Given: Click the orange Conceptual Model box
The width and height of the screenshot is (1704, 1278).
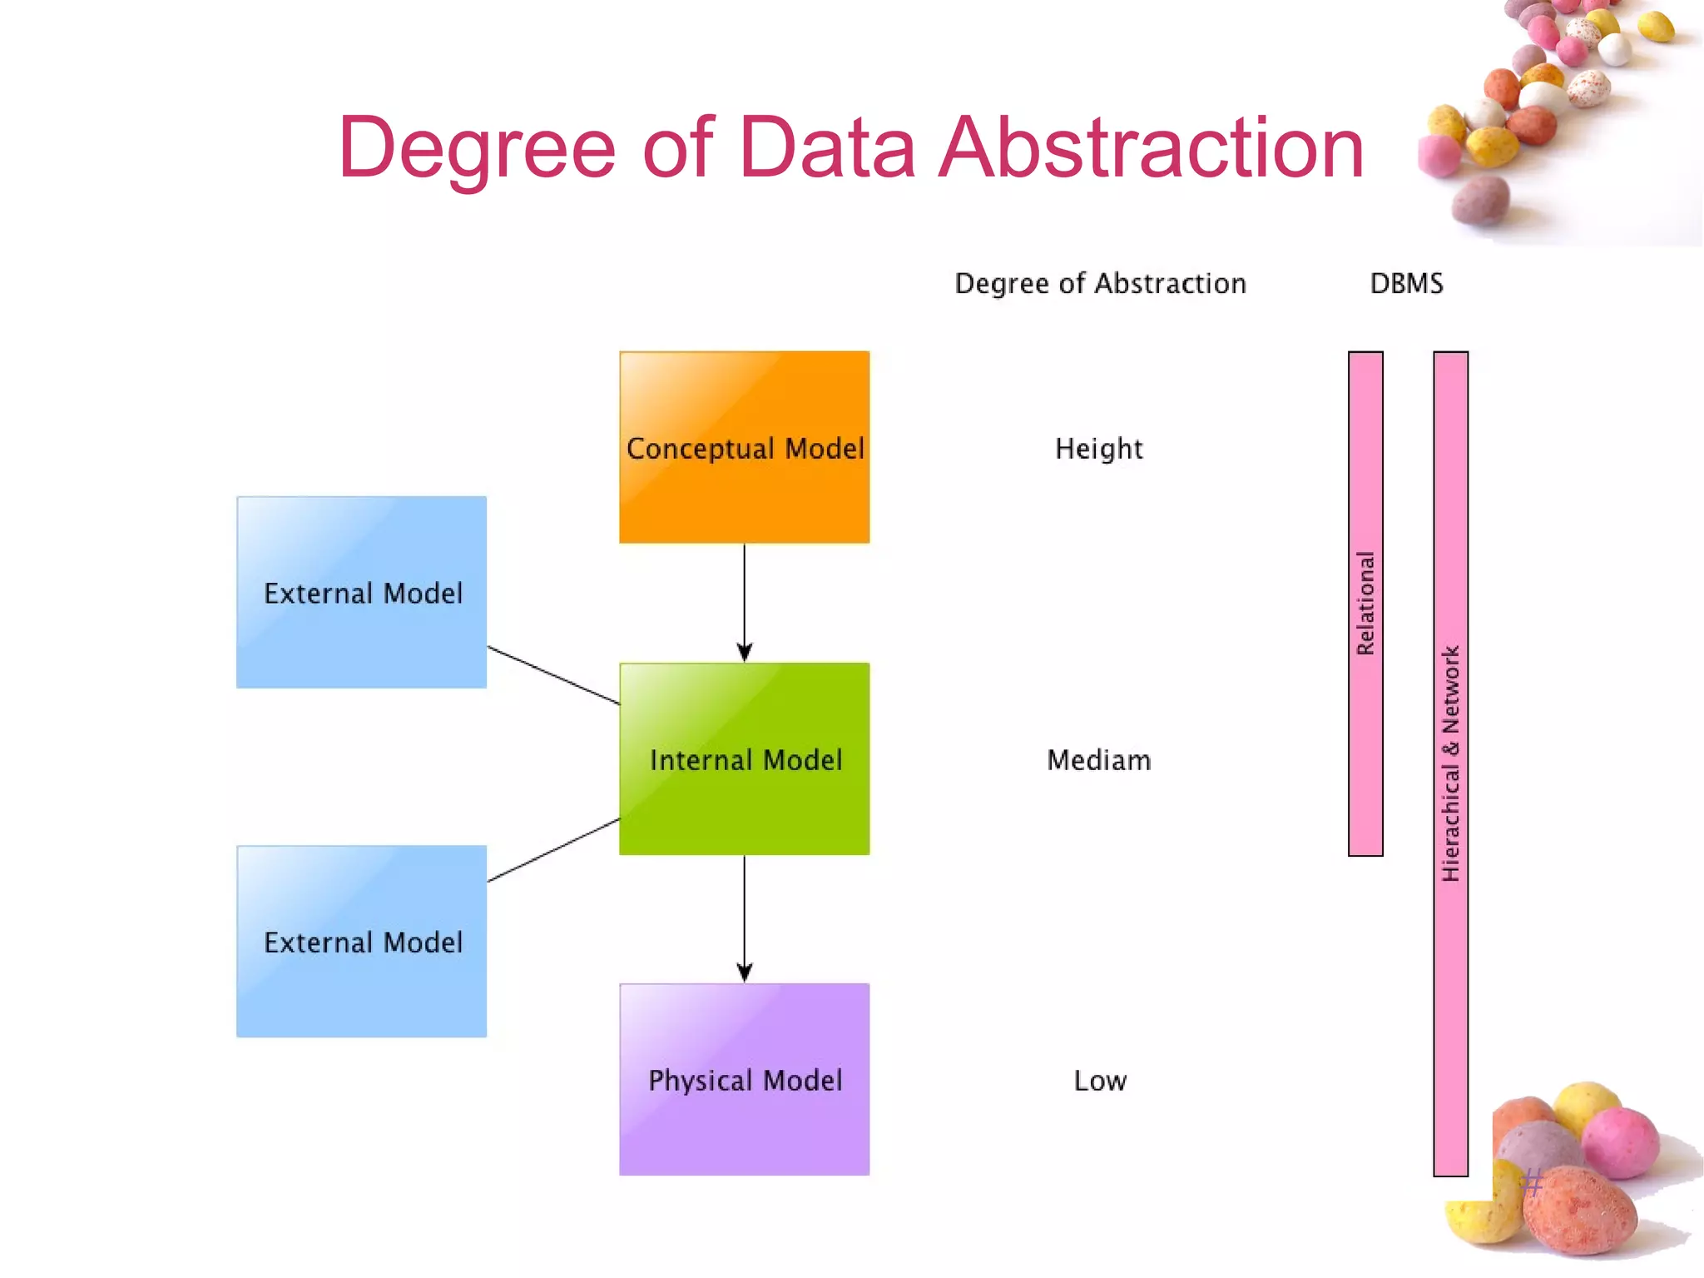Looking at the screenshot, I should point(744,447).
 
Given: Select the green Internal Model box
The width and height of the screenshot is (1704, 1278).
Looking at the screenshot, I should point(744,758).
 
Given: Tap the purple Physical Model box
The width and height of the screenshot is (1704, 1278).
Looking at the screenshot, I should point(744,1079).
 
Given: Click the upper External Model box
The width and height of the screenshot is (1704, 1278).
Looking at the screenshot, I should point(361,592).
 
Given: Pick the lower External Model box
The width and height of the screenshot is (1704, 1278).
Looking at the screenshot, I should point(361,941).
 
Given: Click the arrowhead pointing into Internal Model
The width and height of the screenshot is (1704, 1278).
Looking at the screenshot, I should point(744,652).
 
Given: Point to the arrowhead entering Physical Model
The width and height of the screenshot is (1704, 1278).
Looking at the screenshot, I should point(744,972).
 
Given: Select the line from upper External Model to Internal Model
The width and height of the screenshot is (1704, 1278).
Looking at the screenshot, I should point(553,675).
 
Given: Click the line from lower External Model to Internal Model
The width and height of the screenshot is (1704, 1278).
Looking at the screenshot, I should point(553,850).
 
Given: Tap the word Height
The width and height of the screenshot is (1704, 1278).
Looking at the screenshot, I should point(1098,449).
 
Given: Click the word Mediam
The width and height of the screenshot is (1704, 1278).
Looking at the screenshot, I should point(1098,760).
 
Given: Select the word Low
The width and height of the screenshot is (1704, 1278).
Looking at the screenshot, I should point(1099,1081).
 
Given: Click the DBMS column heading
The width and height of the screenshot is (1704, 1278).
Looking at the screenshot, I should point(1406,283).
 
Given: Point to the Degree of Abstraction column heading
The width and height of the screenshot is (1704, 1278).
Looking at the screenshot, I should point(1099,283).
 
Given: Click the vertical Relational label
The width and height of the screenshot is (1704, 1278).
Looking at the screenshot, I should point(1365,603).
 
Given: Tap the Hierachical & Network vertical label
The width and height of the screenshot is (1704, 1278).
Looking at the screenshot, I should point(1450,763).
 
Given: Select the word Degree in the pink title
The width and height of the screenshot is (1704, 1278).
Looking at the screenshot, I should point(477,148).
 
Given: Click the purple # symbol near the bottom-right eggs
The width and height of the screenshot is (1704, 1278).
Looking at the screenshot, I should point(1533,1181).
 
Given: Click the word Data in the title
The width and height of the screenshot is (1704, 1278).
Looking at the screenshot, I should point(826,148).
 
